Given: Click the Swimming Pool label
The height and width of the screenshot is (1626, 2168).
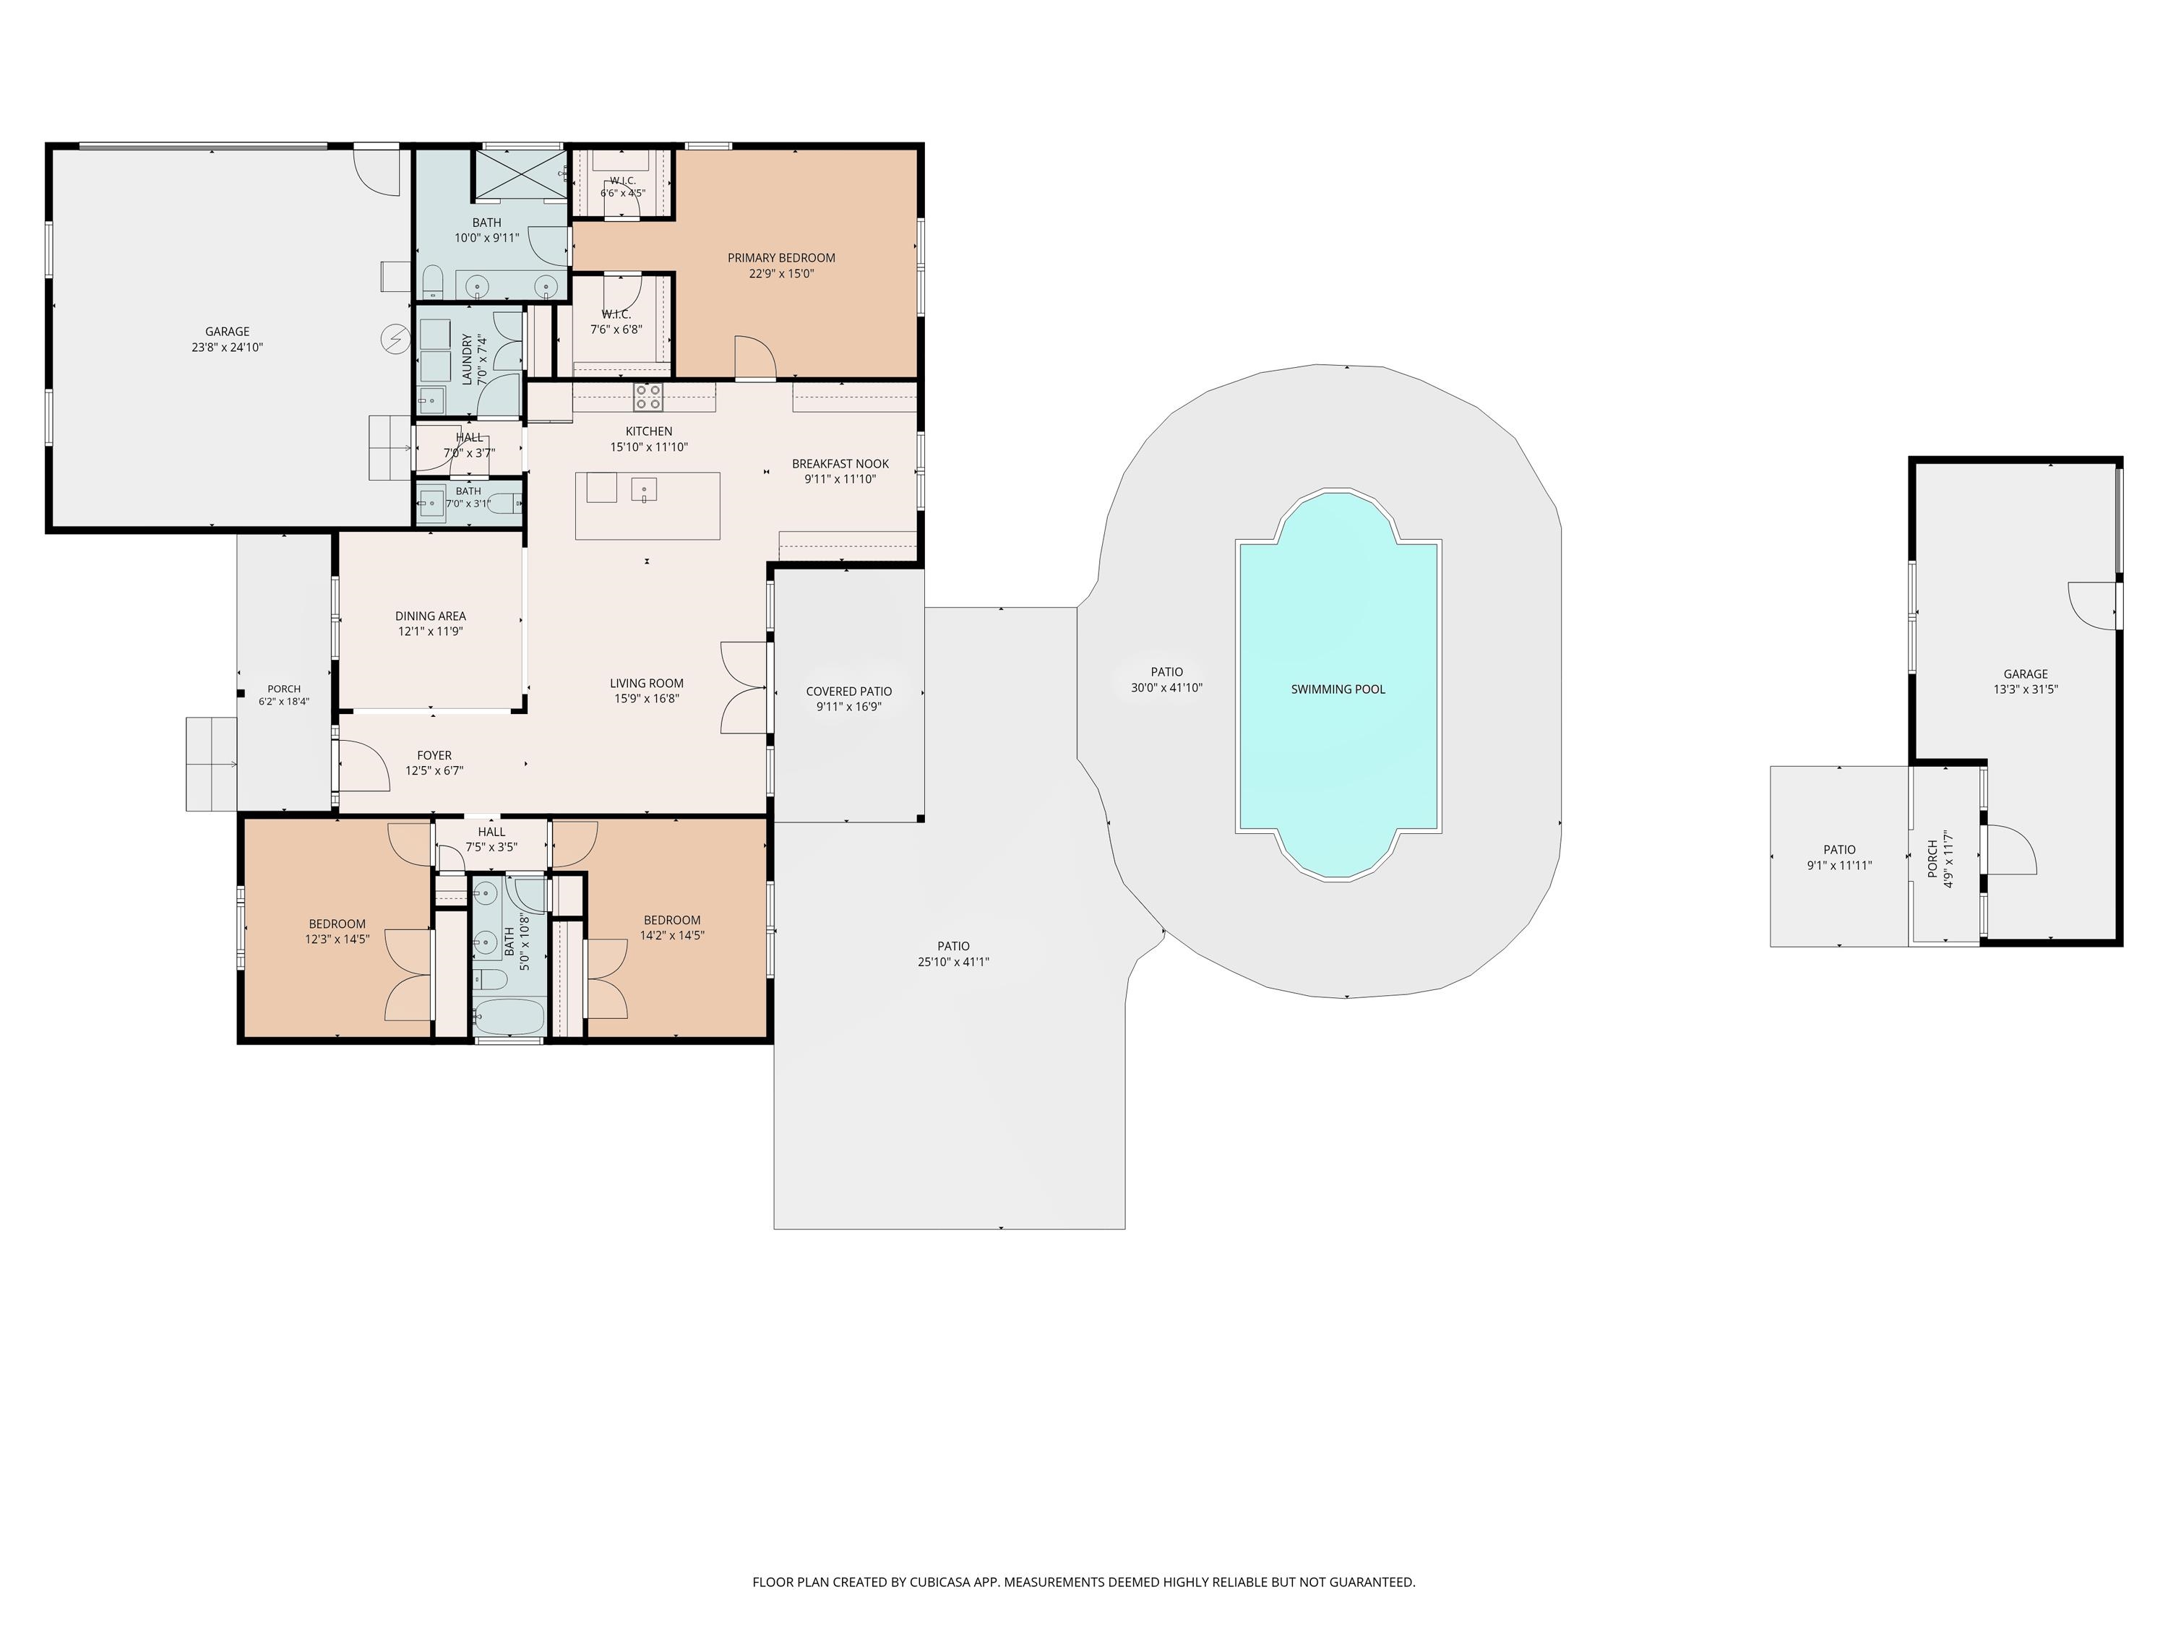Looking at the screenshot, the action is pos(1338,689).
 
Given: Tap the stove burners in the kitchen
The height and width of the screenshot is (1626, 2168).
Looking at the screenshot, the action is pos(648,397).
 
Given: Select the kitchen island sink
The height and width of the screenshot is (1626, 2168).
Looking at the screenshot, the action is pos(644,488).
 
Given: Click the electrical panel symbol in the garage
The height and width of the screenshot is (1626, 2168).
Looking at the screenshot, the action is pos(396,339).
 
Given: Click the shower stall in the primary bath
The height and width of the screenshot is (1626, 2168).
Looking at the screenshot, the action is pos(520,173).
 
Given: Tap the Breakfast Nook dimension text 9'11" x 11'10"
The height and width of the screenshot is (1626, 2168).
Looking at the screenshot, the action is pos(840,479).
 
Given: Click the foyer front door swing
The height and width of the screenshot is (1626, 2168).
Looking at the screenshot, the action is pos(363,765).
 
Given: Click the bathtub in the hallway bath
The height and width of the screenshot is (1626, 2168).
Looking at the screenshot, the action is pos(508,1016).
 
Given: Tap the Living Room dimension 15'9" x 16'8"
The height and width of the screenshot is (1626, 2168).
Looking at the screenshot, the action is pos(647,699).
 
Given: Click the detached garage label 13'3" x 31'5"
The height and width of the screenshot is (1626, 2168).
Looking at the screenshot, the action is pos(2026,689).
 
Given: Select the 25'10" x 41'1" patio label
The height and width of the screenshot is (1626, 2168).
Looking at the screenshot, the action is pos(954,961).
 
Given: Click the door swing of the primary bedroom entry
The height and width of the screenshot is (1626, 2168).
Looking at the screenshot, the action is pos(754,357).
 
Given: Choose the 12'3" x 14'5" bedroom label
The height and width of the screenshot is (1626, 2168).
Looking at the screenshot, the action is pos(337,939).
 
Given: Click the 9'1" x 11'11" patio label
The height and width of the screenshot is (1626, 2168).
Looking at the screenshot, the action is pos(1840,866).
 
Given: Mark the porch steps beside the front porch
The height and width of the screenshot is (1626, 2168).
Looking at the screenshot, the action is pos(212,764).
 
